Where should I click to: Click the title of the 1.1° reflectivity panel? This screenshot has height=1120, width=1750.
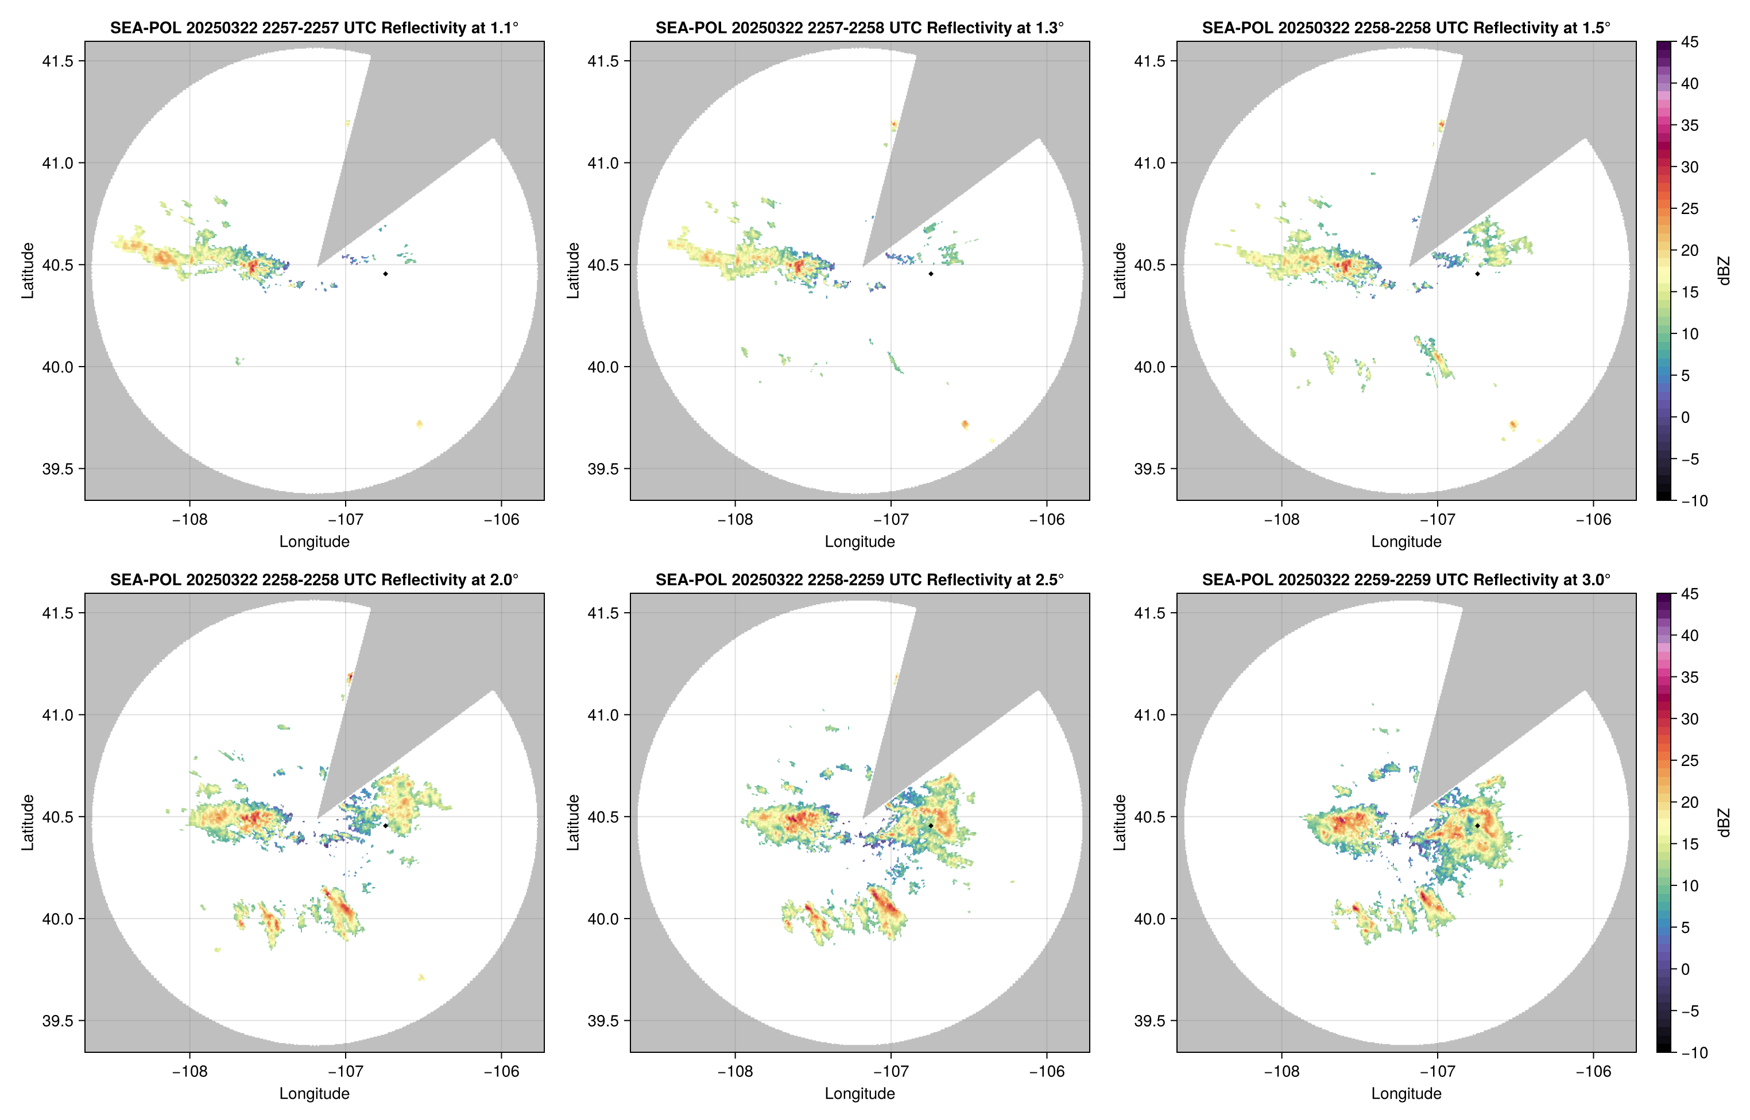point(314,28)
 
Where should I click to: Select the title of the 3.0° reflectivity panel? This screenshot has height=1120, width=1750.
point(1406,580)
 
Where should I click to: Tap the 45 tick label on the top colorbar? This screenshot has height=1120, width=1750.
point(1690,42)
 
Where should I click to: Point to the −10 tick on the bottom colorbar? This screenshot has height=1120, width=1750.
point(1694,1052)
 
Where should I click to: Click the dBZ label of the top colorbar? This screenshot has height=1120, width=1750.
point(1723,271)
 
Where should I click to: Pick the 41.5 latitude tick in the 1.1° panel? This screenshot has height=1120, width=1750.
point(58,61)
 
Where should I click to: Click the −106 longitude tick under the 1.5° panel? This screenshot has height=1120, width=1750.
point(1594,519)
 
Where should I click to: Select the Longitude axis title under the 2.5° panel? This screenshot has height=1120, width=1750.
point(859,1093)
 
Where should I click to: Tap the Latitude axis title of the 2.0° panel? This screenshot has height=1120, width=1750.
point(28,823)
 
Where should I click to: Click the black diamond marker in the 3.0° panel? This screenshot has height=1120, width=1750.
point(1477,826)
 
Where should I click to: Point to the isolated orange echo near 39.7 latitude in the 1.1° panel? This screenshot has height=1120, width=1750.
point(419,424)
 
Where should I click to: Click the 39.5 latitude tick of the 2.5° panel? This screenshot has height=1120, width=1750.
point(604,1020)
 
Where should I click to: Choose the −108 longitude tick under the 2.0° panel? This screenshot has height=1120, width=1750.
point(189,1071)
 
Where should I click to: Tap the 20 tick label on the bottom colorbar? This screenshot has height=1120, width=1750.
point(1690,802)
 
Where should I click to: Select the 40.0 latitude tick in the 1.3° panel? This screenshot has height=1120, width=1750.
point(604,367)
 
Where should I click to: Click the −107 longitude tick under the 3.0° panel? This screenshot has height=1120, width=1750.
point(1437,1071)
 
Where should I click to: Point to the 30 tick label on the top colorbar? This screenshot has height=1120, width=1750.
point(1690,166)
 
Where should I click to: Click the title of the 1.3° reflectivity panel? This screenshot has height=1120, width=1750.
point(859,28)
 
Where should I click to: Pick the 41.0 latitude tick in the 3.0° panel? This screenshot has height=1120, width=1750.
point(1151,715)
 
